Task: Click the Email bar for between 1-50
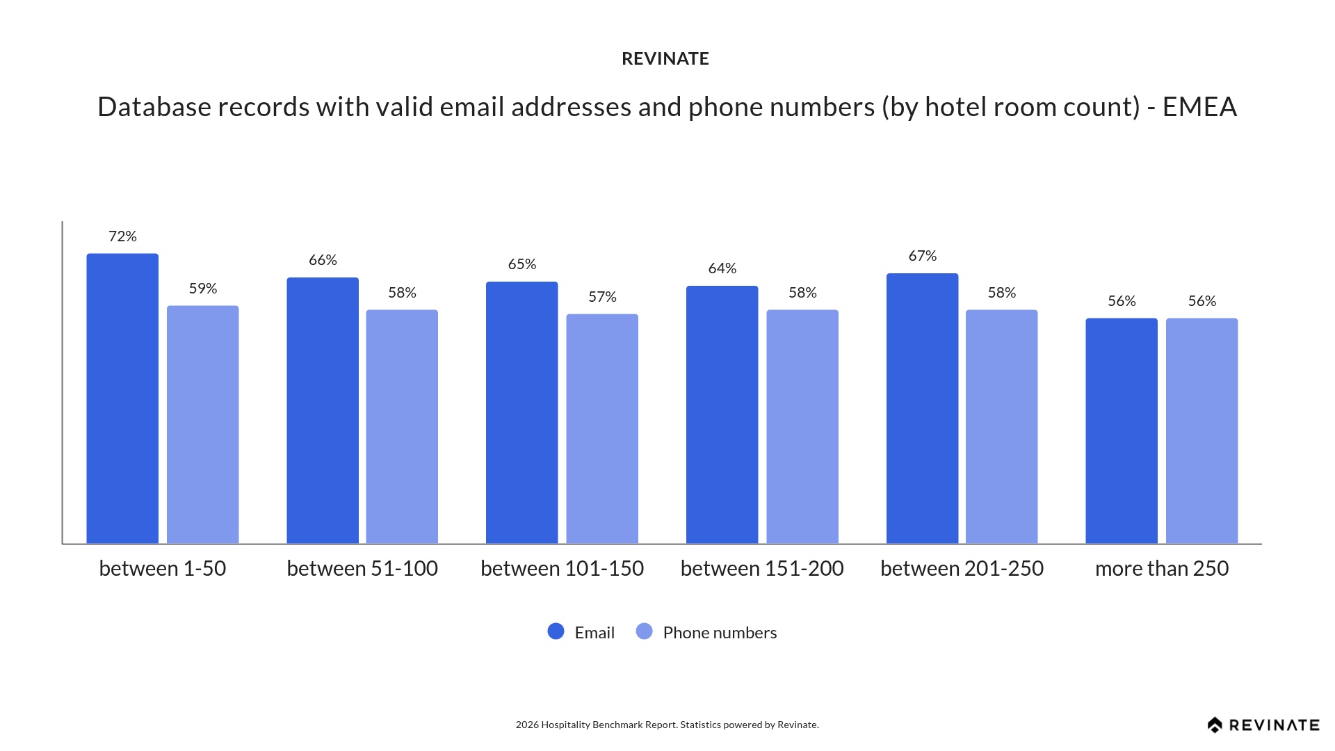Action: [x=122, y=398]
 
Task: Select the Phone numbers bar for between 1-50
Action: [x=202, y=424]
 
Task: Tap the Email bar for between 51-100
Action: [x=323, y=410]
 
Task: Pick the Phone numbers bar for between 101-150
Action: [x=602, y=428]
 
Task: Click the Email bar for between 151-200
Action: [x=722, y=414]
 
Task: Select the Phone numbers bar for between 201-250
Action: [x=1001, y=426]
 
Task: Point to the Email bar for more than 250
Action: [x=1122, y=430]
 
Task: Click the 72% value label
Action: [x=122, y=236]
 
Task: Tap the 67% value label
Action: [x=923, y=256]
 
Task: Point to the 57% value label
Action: [x=602, y=297]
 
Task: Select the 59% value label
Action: [x=203, y=289]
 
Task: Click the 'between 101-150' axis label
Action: [x=562, y=568]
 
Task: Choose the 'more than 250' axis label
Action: [x=1162, y=568]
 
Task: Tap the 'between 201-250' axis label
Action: [x=962, y=568]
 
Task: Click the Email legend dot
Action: [x=556, y=631]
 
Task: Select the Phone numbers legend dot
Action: [x=645, y=631]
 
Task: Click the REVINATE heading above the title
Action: [x=665, y=59]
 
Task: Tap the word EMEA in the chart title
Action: [x=1199, y=107]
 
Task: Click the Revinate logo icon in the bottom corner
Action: [x=1215, y=725]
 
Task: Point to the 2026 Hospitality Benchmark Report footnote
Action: [x=667, y=725]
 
